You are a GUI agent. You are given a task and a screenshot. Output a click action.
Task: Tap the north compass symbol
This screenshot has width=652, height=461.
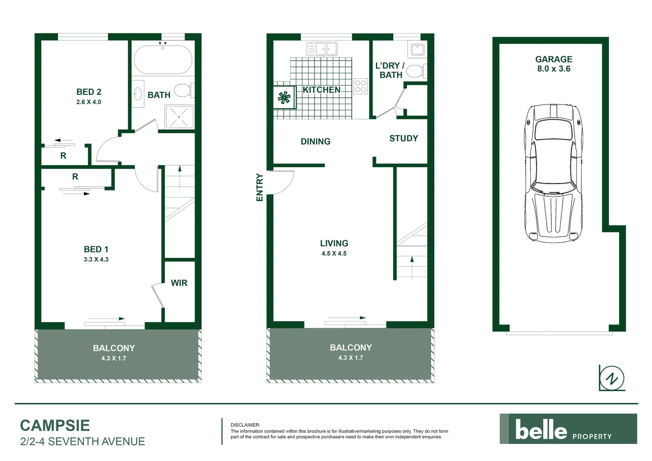coord(613,378)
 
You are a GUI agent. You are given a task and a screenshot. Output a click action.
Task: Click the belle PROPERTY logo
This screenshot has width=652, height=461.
coord(568,429)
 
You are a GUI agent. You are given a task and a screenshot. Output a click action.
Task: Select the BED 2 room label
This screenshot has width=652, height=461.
coord(89,92)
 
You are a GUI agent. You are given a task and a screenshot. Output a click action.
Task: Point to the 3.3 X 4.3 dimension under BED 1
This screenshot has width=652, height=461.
coord(96,260)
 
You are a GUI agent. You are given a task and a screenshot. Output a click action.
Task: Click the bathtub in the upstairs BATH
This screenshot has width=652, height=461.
coord(163,60)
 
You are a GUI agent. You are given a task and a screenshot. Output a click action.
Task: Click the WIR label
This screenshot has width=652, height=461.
coord(179,283)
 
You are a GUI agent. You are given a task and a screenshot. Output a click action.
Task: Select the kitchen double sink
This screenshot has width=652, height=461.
coord(322,49)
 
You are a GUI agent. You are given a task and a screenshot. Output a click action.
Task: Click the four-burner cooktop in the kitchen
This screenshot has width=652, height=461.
coord(361,86)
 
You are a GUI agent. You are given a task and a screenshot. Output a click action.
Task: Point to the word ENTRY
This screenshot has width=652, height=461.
coord(259,187)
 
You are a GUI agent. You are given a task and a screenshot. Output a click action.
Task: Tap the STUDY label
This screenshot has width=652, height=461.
coord(403,138)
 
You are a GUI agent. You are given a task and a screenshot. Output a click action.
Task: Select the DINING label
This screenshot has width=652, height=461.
coord(315,142)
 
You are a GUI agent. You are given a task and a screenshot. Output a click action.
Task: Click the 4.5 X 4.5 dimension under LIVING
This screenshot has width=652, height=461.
coord(334,254)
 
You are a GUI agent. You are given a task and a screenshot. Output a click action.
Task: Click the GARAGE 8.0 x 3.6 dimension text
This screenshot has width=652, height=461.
coord(553,69)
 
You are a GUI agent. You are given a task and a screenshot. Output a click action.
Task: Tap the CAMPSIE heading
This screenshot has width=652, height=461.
coord(55,426)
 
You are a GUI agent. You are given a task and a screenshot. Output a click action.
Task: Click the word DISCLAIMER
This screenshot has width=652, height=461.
coord(245,425)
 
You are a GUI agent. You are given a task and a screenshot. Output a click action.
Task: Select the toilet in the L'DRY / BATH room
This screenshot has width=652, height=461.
coord(415,71)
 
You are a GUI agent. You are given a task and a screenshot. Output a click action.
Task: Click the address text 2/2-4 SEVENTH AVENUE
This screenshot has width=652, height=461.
coord(82,441)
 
